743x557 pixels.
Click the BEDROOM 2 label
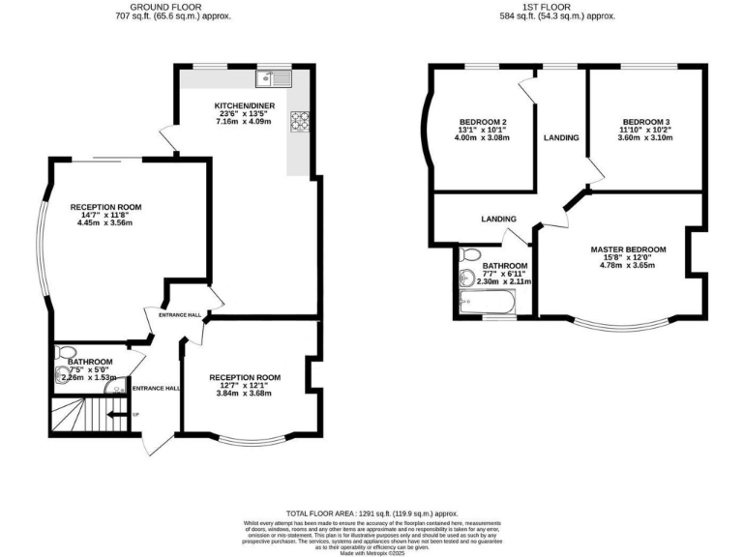click(x=483, y=121)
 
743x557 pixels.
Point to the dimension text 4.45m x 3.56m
click(x=107, y=223)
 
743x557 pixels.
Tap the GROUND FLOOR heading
click(x=158, y=6)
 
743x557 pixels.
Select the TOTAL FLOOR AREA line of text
click(x=371, y=513)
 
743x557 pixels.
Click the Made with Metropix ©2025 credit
click(x=371, y=550)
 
